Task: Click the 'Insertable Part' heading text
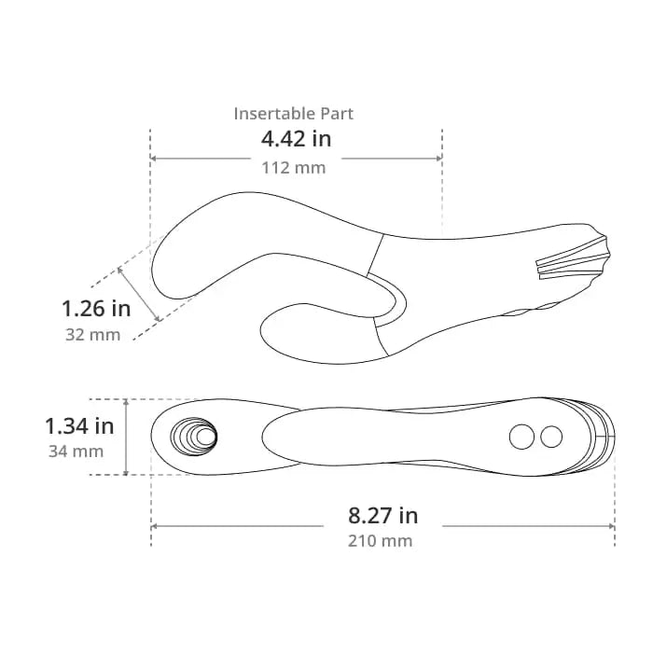point(293,114)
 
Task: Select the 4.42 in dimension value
point(296,139)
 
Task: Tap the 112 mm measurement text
point(294,168)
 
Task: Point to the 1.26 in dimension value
point(96,309)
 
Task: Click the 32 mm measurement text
point(92,335)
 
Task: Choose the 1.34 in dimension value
point(79,426)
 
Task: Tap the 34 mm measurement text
point(76,452)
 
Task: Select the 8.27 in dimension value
point(382,515)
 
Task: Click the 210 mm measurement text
point(381,541)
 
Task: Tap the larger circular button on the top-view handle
point(521,437)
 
